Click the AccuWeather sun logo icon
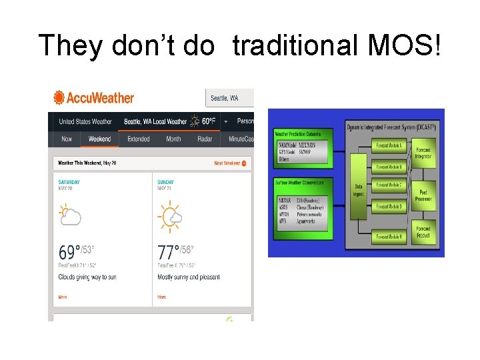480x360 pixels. click(59, 98)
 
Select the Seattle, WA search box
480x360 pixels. click(229, 98)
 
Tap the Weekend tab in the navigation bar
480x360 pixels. click(99, 139)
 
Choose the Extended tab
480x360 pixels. click(139, 139)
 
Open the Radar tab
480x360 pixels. click(205, 139)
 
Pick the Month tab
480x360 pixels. click(173, 139)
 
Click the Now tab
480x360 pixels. click(67, 139)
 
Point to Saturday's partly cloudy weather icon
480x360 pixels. click(70, 215)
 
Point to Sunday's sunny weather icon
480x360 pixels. click(169, 215)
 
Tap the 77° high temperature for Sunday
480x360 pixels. click(167, 253)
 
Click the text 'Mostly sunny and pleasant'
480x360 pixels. click(189, 277)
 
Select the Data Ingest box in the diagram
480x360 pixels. click(359, 190)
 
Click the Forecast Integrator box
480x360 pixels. click(423, 153)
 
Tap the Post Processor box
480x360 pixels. click(423, 195)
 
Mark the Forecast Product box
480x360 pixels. click(423, 232)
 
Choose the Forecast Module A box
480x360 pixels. click(389, 145)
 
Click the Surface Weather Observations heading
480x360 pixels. click(302, 182)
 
